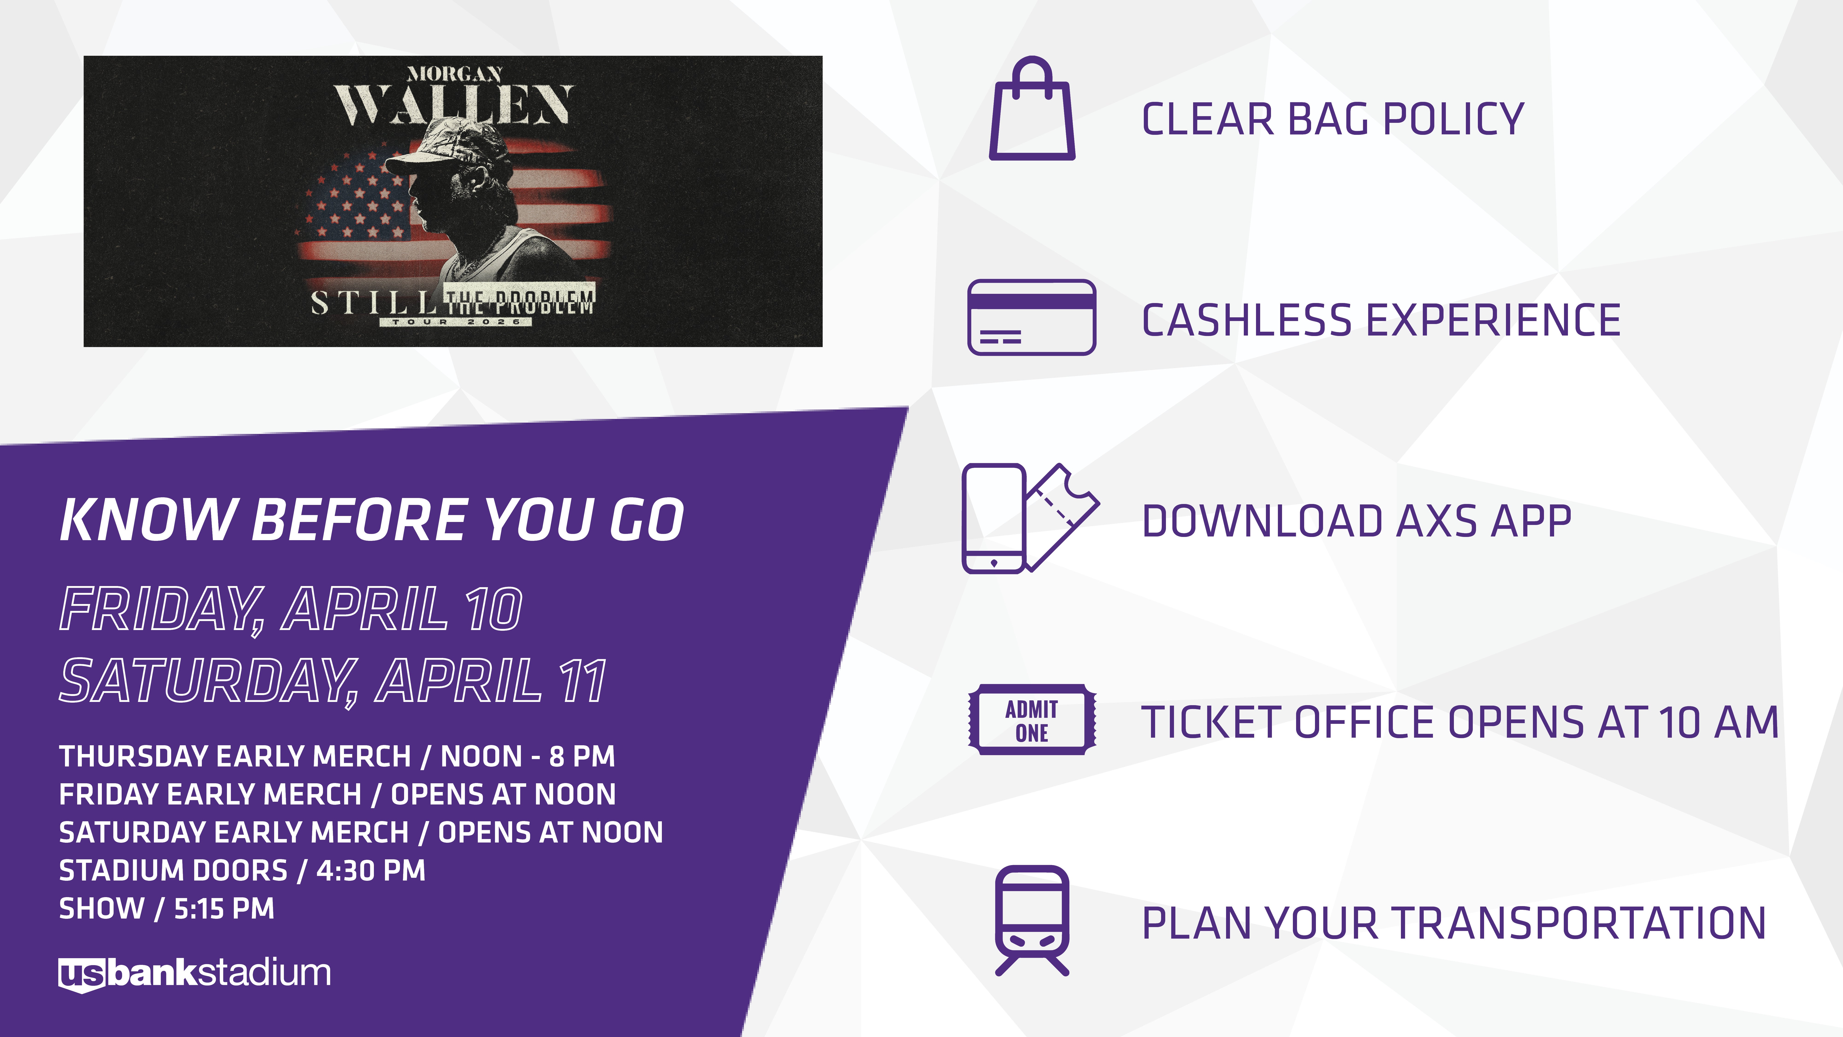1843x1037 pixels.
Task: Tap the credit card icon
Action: pos(1032,317)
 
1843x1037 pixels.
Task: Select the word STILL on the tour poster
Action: pos(373,303)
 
